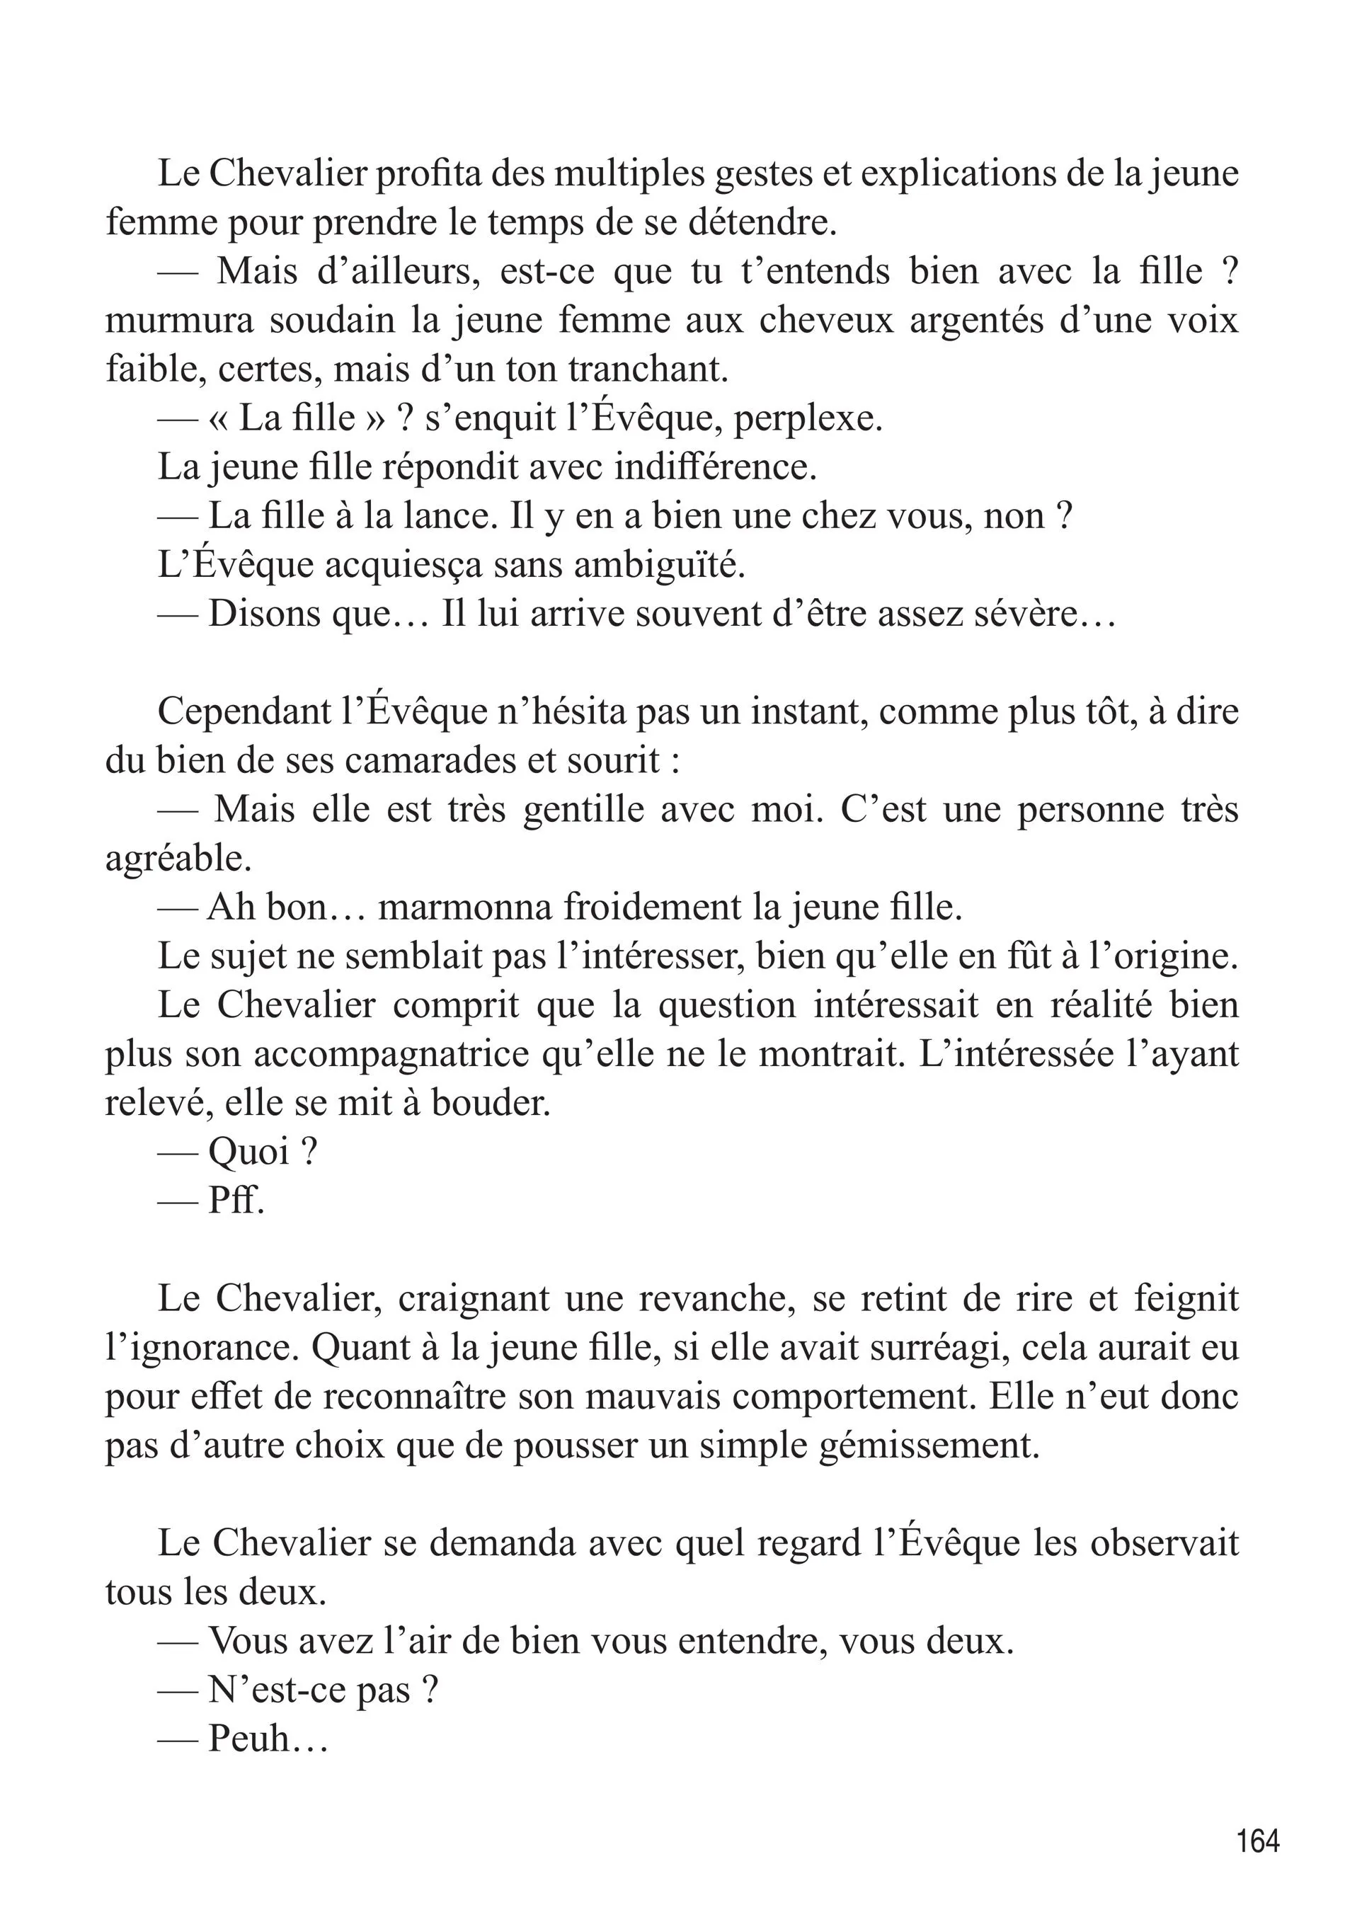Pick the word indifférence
pos(716,467)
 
